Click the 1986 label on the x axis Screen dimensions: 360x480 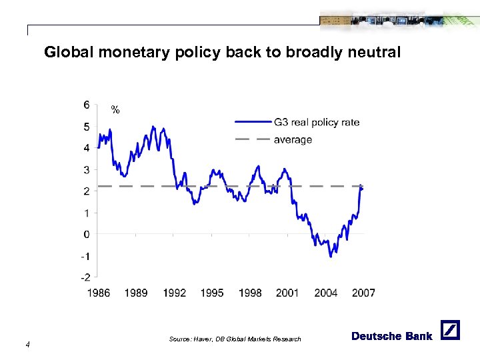point(98,293)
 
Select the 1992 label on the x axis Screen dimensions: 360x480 point(174,293)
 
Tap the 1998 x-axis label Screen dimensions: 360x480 point(250,293)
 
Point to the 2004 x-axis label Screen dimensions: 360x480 point(326,293)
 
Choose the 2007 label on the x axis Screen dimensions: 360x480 point(364,293)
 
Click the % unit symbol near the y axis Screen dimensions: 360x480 point(115,110)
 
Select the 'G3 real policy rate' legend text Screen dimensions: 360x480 point(317,122)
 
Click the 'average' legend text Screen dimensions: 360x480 point(293,140)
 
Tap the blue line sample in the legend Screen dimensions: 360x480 point(252,122)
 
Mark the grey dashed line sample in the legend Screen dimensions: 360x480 point(252,140)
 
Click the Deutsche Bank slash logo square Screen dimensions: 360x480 point(450,330)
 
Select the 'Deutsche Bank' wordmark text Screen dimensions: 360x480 point(391,336)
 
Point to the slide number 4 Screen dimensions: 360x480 point(27,344)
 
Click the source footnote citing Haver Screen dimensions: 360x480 point(235,339)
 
